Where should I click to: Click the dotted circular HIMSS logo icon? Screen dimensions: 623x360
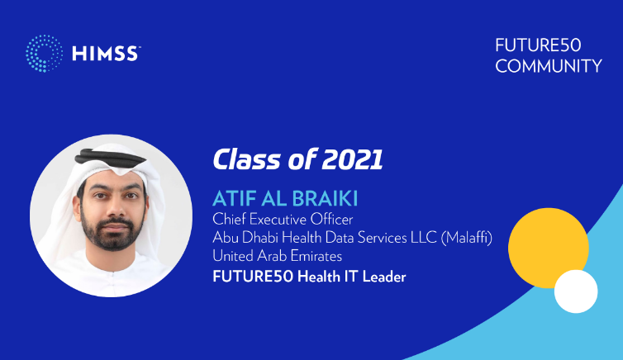(x=44, y=54)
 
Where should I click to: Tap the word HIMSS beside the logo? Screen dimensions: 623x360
(x=106, y=54)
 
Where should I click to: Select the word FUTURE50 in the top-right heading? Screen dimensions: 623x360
(x=538, y=45)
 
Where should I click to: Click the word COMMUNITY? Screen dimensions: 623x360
(x=549, y=66)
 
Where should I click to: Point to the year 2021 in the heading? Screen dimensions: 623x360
(x=352, y=159)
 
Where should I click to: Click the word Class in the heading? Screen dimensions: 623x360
(x=247, y=159)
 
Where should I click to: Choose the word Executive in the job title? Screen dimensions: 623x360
(x=278, y=219)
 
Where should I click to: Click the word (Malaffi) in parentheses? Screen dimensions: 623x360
(x=467, y=237)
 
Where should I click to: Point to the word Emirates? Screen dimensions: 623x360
(x=316, y=256)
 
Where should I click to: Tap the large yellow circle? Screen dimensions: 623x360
(x=549, y=248)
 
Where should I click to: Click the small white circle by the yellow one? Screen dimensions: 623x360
(x=576, y=291)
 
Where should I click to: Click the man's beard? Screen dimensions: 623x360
(x=112, y=232)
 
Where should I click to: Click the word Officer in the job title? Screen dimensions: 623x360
(x=331, y=219)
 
